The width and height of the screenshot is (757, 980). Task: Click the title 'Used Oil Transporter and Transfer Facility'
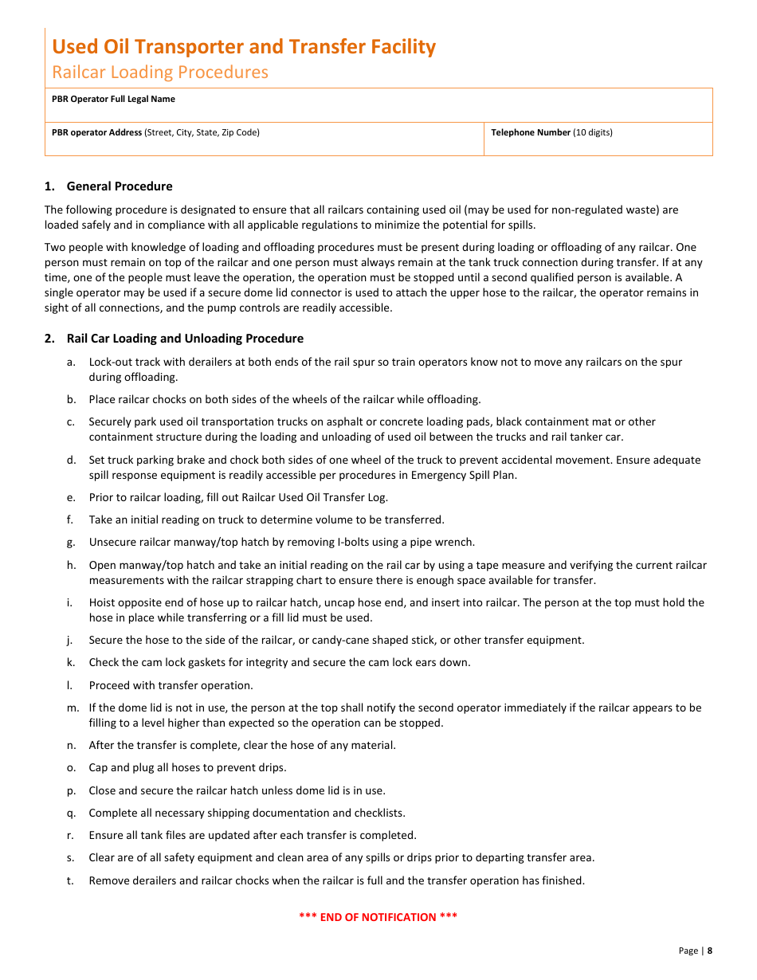point(244,47)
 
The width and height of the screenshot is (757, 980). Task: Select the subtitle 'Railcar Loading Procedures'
point(160,73)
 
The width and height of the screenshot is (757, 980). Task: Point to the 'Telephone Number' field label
point(531,133)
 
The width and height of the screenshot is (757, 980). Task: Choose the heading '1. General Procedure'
point(108,186)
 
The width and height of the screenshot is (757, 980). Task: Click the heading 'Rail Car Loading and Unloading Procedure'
point(185,339)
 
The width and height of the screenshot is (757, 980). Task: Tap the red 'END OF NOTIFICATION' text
point(378,917)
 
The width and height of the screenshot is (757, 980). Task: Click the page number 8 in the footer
point(710,951)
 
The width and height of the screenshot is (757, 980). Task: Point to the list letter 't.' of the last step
point(71,880)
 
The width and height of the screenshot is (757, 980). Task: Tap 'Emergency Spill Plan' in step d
point(465,476)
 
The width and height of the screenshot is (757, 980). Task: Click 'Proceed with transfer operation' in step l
point(171,685)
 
